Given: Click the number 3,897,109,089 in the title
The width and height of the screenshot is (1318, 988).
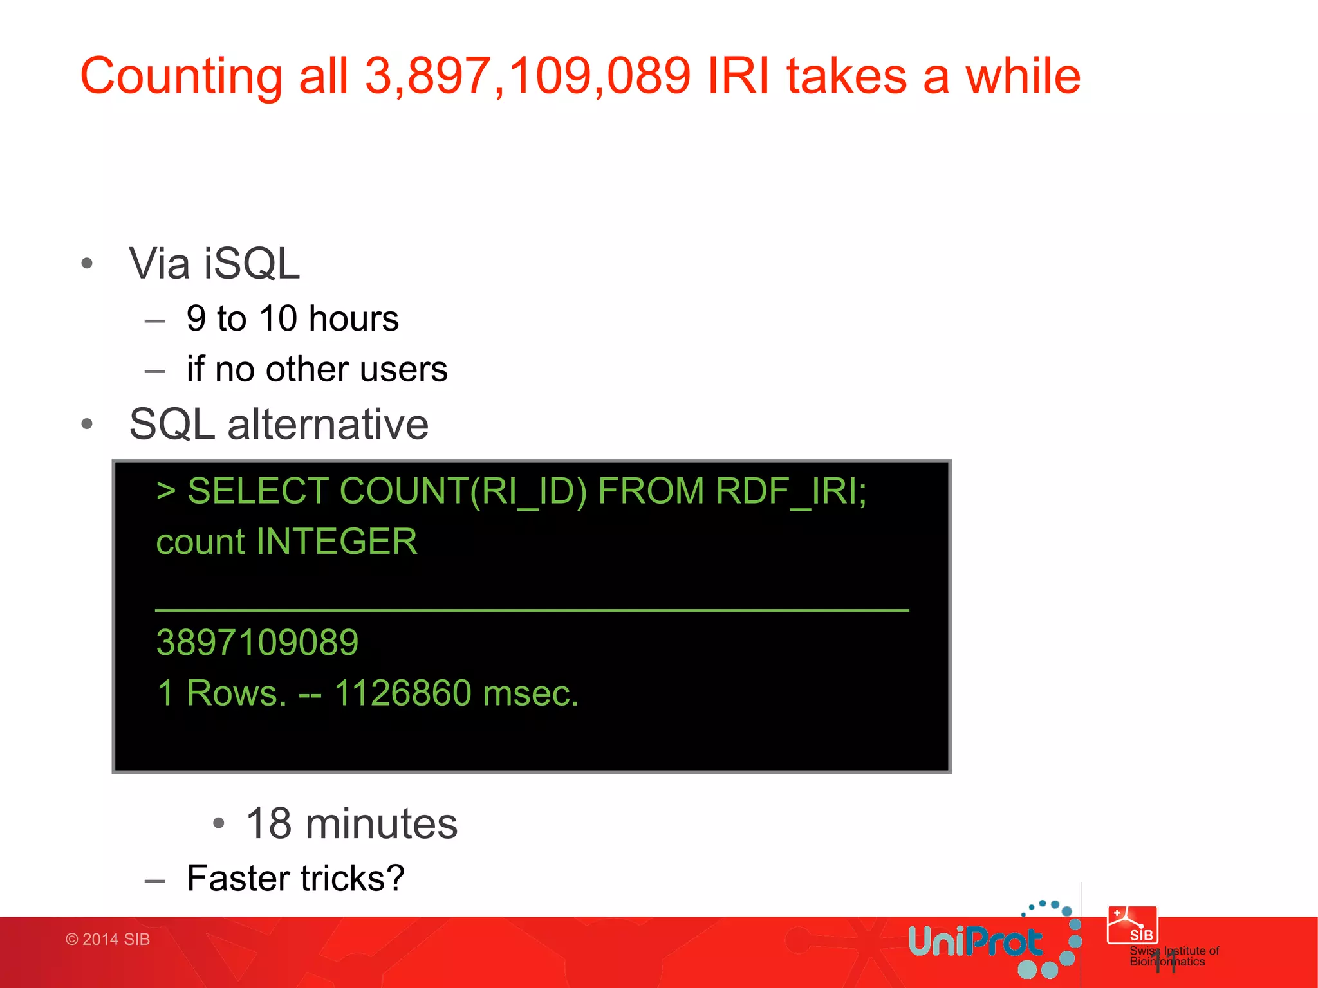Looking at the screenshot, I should (528, 76).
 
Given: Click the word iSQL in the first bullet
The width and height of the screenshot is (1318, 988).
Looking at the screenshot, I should (252, 264).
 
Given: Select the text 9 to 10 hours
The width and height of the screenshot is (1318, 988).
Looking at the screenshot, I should (292, 318).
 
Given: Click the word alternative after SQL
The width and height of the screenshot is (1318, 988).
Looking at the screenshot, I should (328, 425).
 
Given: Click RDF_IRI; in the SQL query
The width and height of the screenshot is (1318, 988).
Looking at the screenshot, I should (791, 492).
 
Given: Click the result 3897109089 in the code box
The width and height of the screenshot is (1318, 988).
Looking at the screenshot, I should (257, 643).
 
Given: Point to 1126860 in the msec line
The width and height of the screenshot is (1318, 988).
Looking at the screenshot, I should (403, 693).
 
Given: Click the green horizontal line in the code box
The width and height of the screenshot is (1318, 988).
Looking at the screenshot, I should (532, 609).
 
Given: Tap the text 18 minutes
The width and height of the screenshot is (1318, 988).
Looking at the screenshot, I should (351, 824).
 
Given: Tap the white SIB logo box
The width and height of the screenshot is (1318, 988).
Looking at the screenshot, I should (1132, 925).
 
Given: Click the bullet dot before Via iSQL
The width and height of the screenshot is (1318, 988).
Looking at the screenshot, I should (88, 263).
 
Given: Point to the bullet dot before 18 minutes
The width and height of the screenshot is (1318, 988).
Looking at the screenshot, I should (219, 823).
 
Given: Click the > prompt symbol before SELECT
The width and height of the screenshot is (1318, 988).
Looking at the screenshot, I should (166, 492).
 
